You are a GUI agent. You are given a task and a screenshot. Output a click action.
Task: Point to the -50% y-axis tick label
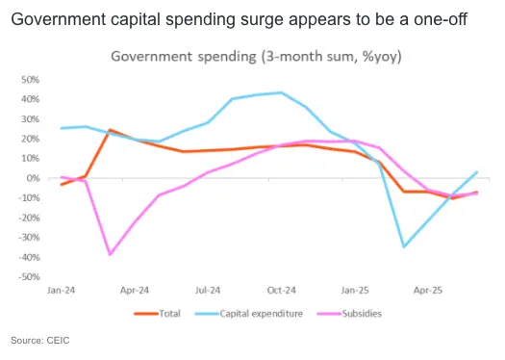click(x=31, y=277)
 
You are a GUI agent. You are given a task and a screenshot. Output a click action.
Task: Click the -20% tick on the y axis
click(x=31, y=218)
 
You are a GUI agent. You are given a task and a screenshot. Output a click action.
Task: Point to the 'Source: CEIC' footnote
click(x=39, y=341)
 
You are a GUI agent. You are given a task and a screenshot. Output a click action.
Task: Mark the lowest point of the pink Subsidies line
click(x=111, y=254)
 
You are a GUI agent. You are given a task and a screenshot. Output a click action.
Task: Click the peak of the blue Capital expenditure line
click(x=280, y=92)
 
